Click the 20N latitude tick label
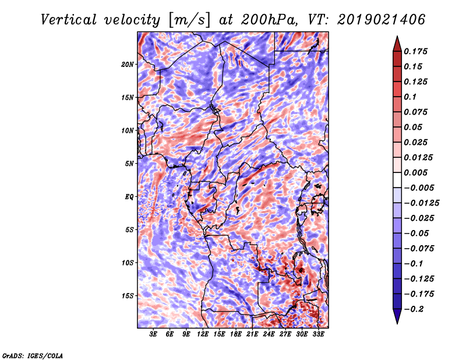coord(128,64)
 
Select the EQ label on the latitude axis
coord(129,197)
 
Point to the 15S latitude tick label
coord(128,296)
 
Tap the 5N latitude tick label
coord(129,164)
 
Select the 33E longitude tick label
coord(318,334)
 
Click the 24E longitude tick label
coord(269,334)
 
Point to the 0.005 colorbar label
coord(417,172)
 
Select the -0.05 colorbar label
coord(417,233)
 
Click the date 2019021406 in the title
coord(380,19)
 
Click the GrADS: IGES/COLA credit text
coord(33,355)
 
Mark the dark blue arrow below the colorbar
coord(396,317)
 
